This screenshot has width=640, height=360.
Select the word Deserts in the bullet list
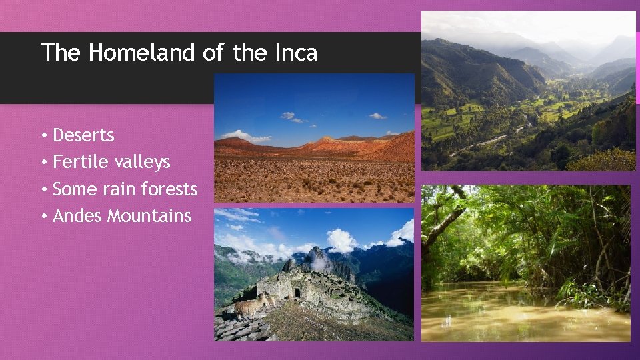point(83,135)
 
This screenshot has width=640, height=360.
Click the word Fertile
point(75,162)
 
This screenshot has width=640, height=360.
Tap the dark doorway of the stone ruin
point(297,292)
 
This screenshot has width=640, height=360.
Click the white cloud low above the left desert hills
point(244,136)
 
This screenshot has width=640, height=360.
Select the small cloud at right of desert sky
point(377,116)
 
